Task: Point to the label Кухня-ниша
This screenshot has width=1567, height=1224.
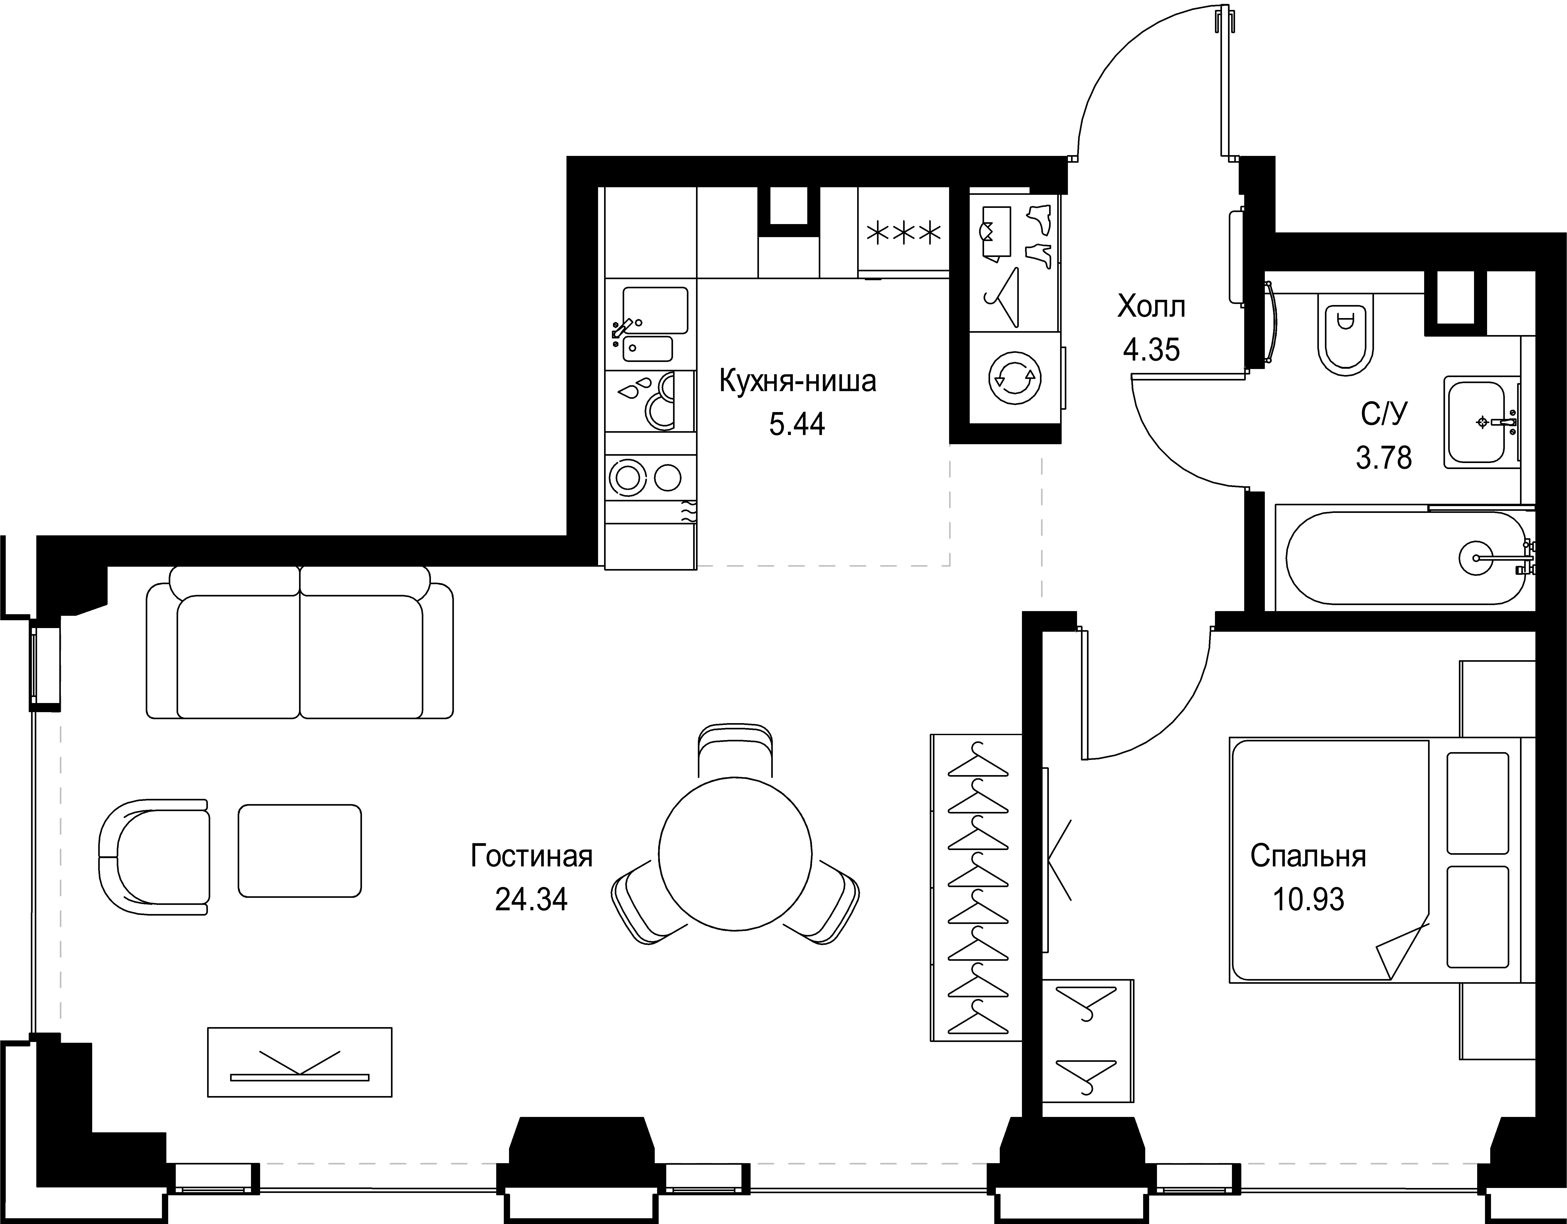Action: (x=797, y=381)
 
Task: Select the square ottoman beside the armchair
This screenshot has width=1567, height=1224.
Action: (x=300, y=850)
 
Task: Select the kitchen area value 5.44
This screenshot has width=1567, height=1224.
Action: (x=797, y=425)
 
